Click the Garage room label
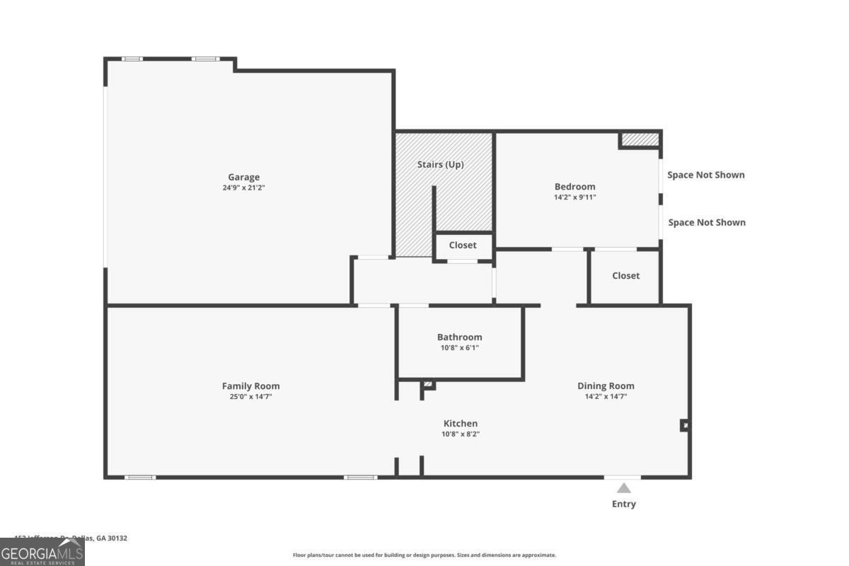pyautogui.click(x=243, y=177)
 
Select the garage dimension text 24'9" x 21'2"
pyautogui.click(x=243, y=187)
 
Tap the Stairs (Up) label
pyautogui.click(x=440, y=164)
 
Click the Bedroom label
pyautogui.click(x=574, y=187)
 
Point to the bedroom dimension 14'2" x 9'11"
pyautogui.click(x=574, y=197)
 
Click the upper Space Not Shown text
pyautogui.click(x=706, y=175)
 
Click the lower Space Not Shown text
pyautogui.click(x=706, y=222)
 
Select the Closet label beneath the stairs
pyautogui.click(x=463, y=245)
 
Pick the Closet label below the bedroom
pyautogui.click(x=625, y=275)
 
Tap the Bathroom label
pyautogui.click(x=459, y=337)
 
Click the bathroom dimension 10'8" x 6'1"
pyautogui.click(x=459, y=347)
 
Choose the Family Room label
pyautogui.click(x=250, y=386)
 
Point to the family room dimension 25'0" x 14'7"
pyautogui.click(x=250, y=396)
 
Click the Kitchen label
pyautogui.click(x=461, y=423)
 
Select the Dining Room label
pyautogui.click(x=606, y=386)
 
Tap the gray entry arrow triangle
pyautogui.click(x=623, y=488)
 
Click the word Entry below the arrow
pyautogui.click(x=623, y=504)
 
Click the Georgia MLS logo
pyautogui.click(x=42, y=553)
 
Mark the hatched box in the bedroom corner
pyautogui.click(x=640, y=139)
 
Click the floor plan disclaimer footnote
pyautogui.click(x=424, y=555)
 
